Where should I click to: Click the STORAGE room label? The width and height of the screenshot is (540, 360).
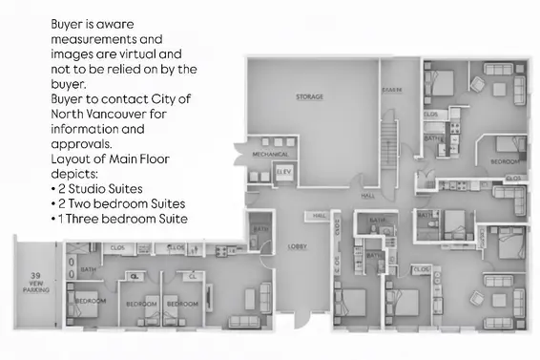click(308, 97)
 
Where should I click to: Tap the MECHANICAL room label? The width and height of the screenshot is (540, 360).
click(270, 154)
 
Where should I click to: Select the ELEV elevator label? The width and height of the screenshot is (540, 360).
click(282, 172)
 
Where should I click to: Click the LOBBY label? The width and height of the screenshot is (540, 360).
click(298, 246)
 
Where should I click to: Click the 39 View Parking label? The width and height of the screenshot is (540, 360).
click(35, 277)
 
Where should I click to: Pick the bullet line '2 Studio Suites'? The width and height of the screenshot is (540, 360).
click(103, 189)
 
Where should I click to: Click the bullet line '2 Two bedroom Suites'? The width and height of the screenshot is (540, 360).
click(121, 204)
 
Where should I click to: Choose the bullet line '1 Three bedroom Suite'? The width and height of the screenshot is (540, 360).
click(122, 220)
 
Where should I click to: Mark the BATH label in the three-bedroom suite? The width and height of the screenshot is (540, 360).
click(90, 269)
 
